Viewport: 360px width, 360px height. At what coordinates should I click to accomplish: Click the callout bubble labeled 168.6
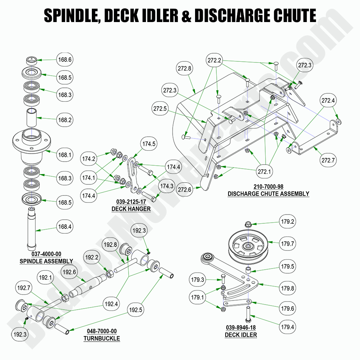click(x=64, y=59)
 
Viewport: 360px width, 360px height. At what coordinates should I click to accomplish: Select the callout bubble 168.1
click(x=64, y=155)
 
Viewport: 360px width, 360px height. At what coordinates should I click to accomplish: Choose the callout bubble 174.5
click(x=149, y=144)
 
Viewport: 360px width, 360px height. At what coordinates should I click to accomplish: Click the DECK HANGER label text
click(x=131, y=209)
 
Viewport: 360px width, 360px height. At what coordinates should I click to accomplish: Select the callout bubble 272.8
click(x=185, y=68)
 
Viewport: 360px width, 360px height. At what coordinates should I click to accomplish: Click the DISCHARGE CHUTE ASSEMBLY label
click(x=268, y=194)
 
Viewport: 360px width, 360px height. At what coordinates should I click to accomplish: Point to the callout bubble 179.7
click(x=288, y=243)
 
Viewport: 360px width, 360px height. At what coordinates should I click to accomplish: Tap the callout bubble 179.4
click(x=288, y=325)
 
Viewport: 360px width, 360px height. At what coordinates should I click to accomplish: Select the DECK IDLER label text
click(x=241, y=335)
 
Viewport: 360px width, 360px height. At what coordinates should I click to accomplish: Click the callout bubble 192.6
click(x=69, y=272)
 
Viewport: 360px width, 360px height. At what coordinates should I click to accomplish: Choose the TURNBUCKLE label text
click(x=101, y=338)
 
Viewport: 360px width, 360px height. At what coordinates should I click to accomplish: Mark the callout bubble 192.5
click(x=136, y=310)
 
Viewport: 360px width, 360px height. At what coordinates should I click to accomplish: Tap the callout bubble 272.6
click(x=185, y=190)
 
